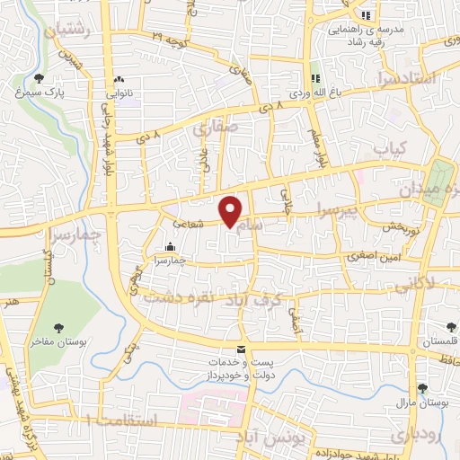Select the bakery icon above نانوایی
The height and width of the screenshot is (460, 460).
tap(119, 79)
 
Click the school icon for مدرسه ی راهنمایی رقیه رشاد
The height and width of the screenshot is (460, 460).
tap(365, 15)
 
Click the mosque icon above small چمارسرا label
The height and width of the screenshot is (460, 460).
tap(170, 247)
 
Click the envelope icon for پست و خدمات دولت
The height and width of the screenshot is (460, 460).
tap(239, 349)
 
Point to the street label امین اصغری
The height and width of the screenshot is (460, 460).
tap(368, 255)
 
